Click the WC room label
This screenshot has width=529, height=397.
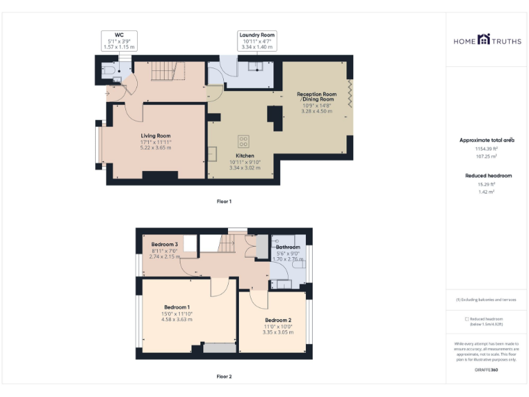pos(119,35)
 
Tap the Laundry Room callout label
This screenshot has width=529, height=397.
pos(257,35)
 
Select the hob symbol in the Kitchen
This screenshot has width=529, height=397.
pos(243,141)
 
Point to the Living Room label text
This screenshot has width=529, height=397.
pos(156,136)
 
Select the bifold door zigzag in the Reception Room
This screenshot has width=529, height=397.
pos(351,92)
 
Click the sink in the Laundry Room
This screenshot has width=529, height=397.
pos(255,67)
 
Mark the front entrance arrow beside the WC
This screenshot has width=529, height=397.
pos(108,91)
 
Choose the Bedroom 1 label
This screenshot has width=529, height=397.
pos(177,307)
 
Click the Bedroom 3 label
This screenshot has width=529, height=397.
pos(165,245)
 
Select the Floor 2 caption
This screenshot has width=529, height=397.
pos(224,376)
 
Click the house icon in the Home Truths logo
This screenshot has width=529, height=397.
pos(484,40)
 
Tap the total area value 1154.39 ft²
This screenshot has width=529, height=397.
pos(486,148)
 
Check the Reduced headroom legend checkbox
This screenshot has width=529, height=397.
pos(466,319)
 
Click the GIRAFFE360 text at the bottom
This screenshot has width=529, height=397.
pos(486,370)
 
